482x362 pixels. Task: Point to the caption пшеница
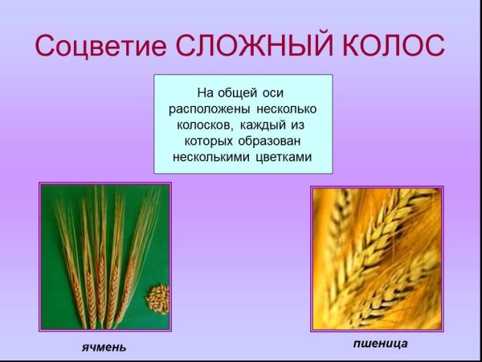pyautogui.click(x=380, y=343)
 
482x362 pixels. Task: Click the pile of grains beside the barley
pyautogui.click(x=157, y=298)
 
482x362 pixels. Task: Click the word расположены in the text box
pyautogui.click(x=209, y=109)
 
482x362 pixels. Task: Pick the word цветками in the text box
pyautogui.click(x=283, y=157)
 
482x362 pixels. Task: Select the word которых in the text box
pyautogui.click(x=210, y=141)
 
